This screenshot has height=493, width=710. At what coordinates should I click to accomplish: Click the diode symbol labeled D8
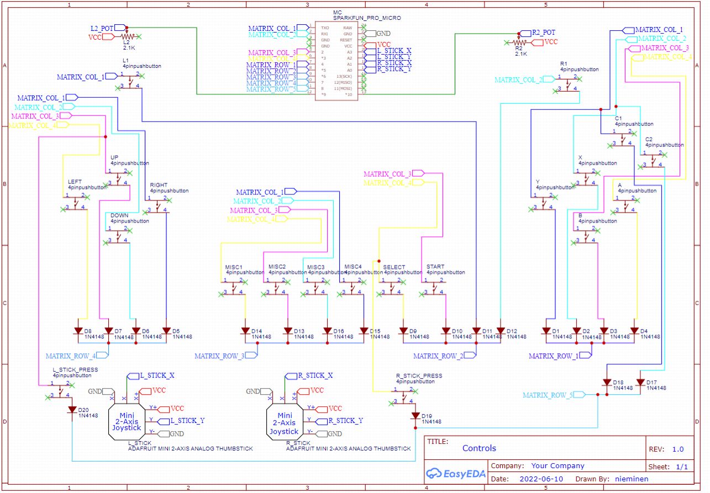pos(80,331)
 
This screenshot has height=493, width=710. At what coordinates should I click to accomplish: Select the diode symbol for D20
pos(72,410)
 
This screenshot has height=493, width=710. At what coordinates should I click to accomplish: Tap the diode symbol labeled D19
pos(416,416)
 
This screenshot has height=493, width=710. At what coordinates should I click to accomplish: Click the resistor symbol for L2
pos(127,36)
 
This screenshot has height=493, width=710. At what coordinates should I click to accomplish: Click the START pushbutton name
pos(435,267)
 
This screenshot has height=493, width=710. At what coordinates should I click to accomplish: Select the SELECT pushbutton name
pos(394,267)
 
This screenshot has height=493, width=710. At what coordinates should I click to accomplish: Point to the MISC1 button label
pos(234,267)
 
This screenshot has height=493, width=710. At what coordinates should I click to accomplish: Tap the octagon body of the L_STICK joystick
pos(127,421)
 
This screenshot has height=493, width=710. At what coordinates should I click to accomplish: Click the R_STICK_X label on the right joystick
pos(315,375)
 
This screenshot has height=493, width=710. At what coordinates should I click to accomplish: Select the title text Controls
pos(479,448)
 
